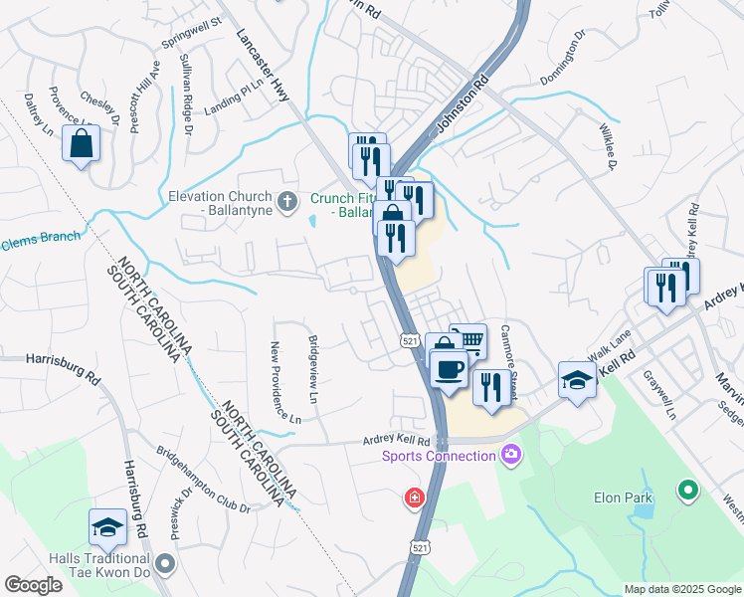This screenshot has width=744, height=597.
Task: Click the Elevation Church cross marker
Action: (x=287, y=203)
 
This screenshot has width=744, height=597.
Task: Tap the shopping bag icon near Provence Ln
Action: (x=82, y=143)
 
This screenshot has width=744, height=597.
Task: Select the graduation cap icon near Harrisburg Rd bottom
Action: (x=107, y=528)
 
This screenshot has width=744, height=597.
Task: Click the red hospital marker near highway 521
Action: (x=412, y=497)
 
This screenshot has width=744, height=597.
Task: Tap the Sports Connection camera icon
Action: (x=511, y=456)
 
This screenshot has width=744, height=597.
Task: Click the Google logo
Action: (x=33, y=585)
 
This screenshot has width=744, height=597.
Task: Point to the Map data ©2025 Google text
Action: (x=681, y=588)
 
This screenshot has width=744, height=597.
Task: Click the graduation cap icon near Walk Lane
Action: (x=577, y=380)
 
